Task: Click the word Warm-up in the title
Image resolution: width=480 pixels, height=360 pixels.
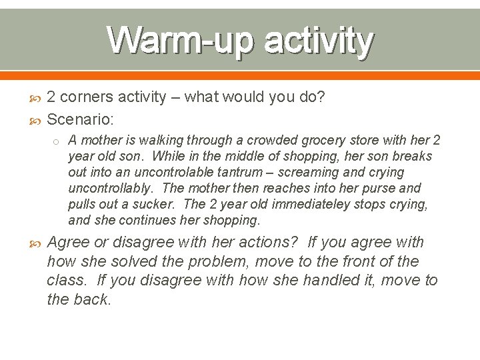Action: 179,41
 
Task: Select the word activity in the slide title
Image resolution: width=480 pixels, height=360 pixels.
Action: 318,41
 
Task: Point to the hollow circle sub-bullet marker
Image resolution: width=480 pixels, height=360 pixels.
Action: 58,141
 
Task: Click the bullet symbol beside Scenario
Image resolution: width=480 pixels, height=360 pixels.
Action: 36,120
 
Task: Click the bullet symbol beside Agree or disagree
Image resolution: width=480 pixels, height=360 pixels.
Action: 36,243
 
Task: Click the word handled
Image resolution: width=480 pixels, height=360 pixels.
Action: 333,280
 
